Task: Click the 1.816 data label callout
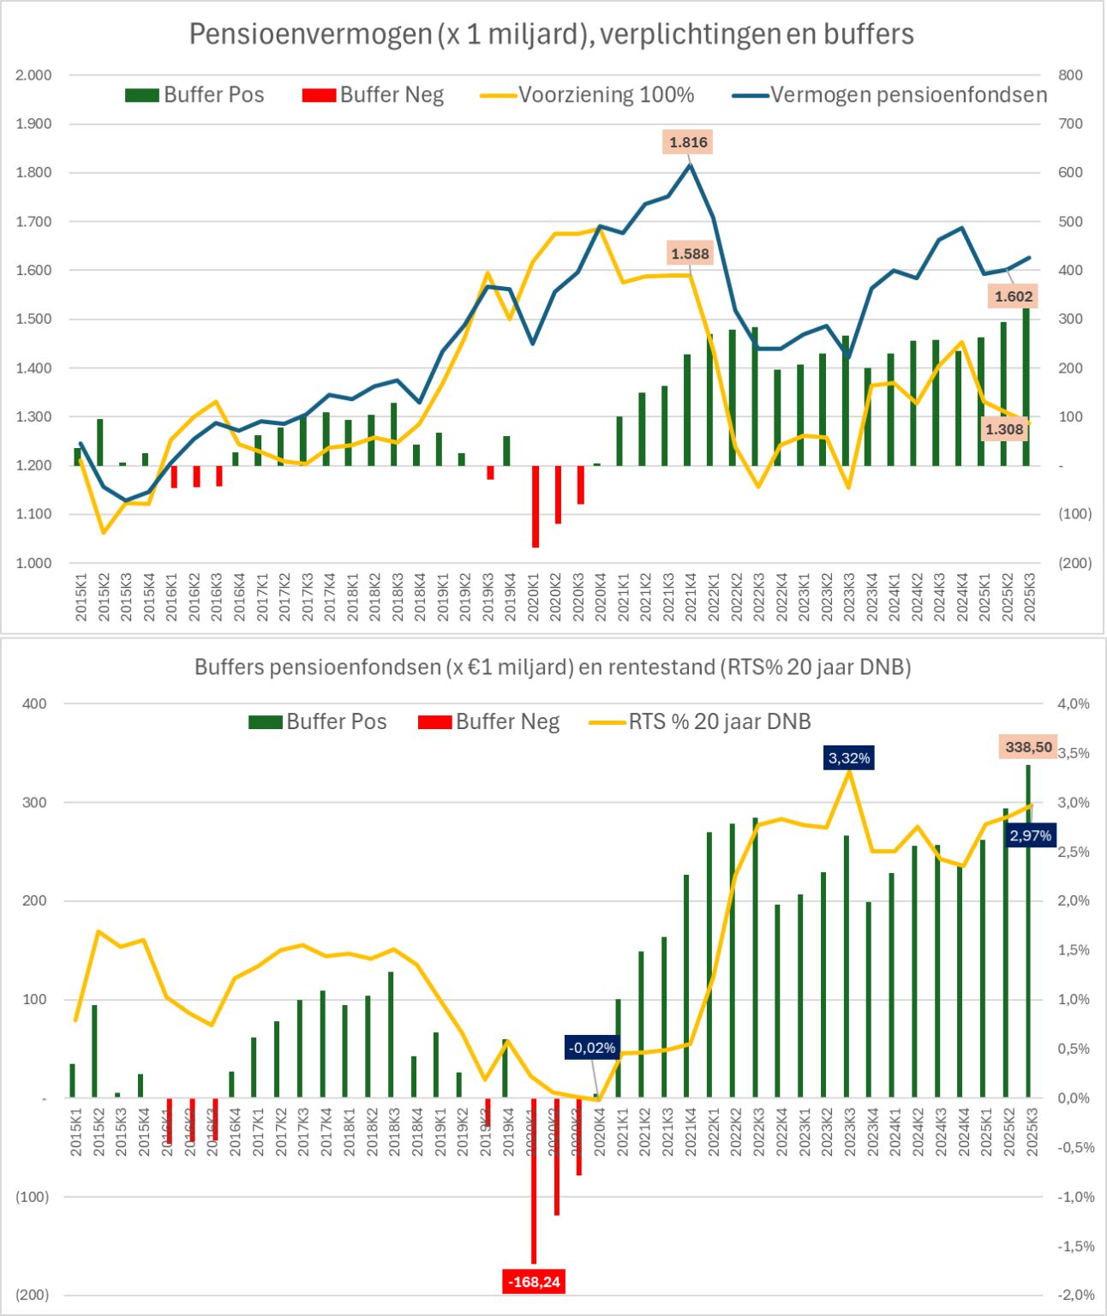688,142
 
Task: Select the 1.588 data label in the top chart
690,254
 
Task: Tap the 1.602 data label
1014,296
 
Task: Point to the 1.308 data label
1003,429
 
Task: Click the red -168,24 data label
535,1282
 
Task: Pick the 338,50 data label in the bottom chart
1028,747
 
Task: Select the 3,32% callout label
848,758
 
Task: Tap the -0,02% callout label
591,1048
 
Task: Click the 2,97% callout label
1030,835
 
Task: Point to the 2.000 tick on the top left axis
34,75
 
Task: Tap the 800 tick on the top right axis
1071,75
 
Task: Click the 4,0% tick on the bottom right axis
1074,704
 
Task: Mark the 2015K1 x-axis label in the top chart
81,597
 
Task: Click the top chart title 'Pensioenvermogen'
551,34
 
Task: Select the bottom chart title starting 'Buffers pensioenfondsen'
553,667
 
